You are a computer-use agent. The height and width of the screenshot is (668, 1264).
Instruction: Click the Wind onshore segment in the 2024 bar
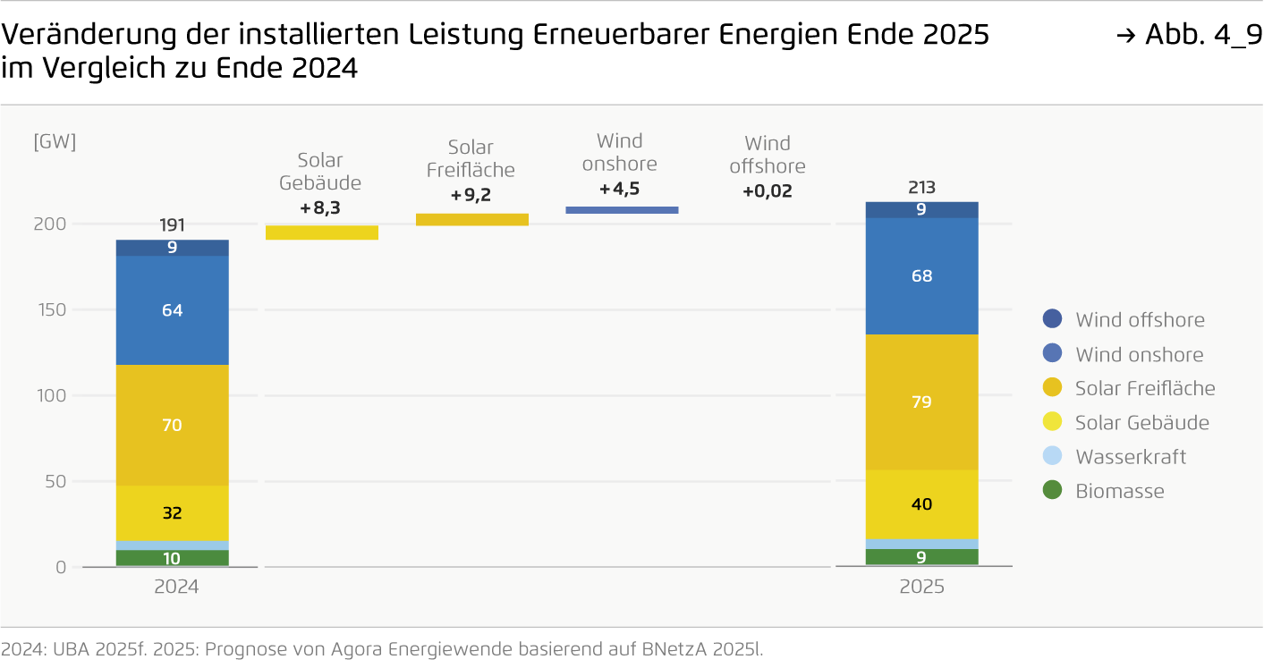pyautogui.click(x=173, y=310)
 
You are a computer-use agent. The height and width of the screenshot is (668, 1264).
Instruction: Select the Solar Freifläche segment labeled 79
pyautogui.click(x=920, y=402)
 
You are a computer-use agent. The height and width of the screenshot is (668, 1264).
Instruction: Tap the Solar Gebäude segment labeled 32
pyautogui.click(x=173, y=513)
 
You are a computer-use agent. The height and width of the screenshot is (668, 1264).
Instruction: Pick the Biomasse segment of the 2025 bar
pyautogui.click(x=920, y=557)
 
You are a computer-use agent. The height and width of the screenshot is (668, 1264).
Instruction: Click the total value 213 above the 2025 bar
pyautogui.click(x=920, y=188)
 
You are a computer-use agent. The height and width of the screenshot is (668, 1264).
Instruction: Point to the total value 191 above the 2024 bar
pyautogui.click(x=173, y=225)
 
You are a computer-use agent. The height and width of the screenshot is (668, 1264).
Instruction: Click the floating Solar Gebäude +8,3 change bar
pyautogui.click(x=322, y=233)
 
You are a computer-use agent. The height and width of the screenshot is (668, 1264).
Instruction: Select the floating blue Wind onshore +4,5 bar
pyautogui.click(x=622, y=210)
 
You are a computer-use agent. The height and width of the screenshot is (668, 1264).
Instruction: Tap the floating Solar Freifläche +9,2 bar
pyautogui.click(x=472, y=219)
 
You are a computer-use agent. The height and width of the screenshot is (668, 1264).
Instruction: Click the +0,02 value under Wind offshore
pyautogui.click(x=767, y=191)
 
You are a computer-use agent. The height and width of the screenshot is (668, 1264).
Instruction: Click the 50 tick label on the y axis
pyautogui.click(x=55, y=482)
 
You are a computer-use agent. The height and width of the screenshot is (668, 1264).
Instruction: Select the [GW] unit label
pyautogui.click(x=55, y=142)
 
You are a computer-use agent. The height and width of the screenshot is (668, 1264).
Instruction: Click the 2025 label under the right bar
pyautogui.click(x=921, y=588)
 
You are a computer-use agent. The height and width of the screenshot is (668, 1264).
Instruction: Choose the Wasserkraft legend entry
pyautogui.click(x=1130, y=457)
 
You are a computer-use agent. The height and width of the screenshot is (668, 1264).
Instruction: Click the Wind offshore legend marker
pyautogui.click(x=1053, y=319)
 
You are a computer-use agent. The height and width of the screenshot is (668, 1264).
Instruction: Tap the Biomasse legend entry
pyautogui.click(x=1119, y=491)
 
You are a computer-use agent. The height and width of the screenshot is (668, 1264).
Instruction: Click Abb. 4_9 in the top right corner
pyautogui.click(x=1202, y=35)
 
